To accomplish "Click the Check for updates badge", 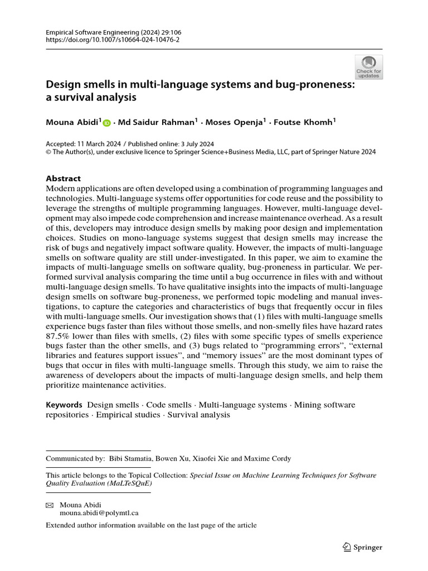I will click(x=368, y=67).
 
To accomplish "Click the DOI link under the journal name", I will click(x=113, y=40).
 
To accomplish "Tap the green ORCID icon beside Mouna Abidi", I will click(x=106, y=123).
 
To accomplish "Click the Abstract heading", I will click(x=63, y=178).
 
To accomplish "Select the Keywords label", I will click(x=64, y=404).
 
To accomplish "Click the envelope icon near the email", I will click(x=50, y=505).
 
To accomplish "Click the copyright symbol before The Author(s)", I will click(x=48, y=151).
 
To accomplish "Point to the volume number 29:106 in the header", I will click(x=166, y=32).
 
